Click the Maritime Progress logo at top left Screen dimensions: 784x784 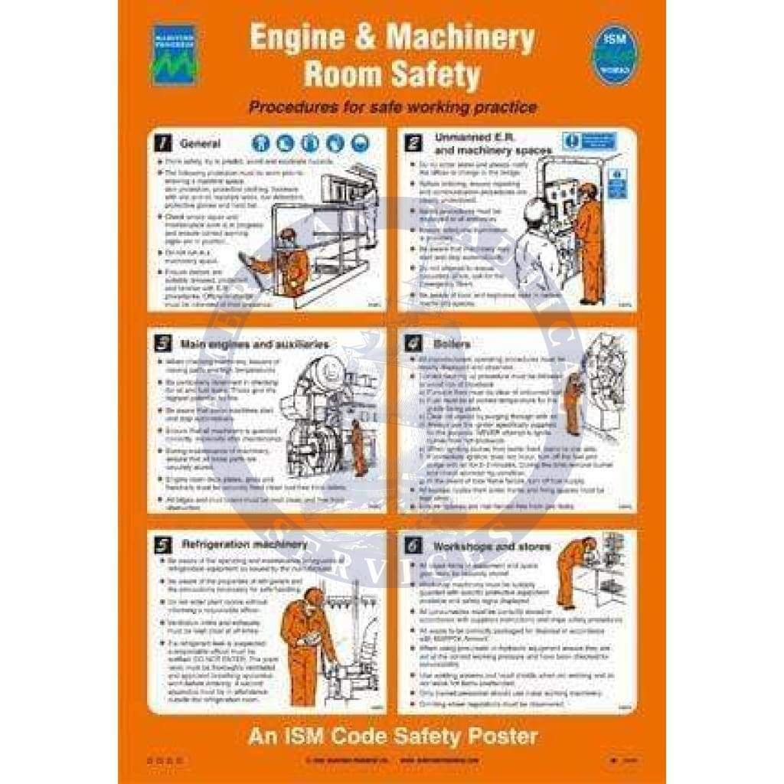coord(175,54)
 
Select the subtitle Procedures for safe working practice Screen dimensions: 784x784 coord(392,107)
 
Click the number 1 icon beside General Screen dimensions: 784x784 coord(162,143)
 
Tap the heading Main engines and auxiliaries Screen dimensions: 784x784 coord(254,344)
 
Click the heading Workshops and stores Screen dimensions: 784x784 coord(492,547)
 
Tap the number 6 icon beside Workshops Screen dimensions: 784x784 coord(414,547)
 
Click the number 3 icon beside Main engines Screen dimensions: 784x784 coord(162,344)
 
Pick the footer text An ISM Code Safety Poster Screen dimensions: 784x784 coord(392,737)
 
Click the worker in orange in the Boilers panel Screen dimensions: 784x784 coord(571,403)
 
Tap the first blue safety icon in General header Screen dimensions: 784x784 coord(260,143)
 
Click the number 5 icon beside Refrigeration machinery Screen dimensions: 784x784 coord(162,545)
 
